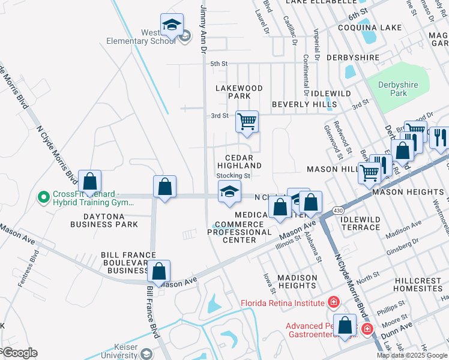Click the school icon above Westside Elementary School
[x=172, y=26]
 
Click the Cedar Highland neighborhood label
[x=240, y=161]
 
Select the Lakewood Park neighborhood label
[x=240, y=92]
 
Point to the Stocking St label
[x=233, y=176]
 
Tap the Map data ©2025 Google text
[x=412, y=355]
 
